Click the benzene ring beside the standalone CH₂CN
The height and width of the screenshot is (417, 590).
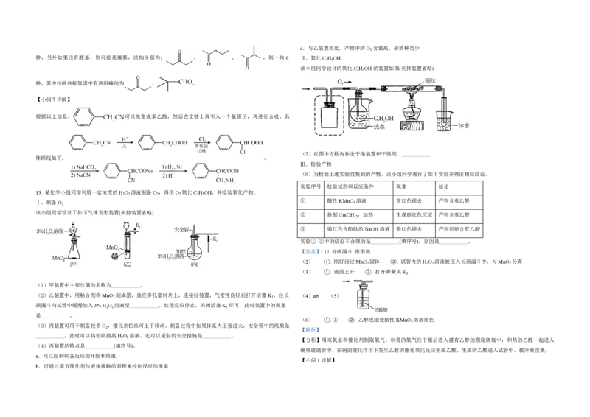tap(85, 116)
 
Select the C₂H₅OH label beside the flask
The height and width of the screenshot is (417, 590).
tap(383, 118)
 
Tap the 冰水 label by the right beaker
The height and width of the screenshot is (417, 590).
tap(463, 125)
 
